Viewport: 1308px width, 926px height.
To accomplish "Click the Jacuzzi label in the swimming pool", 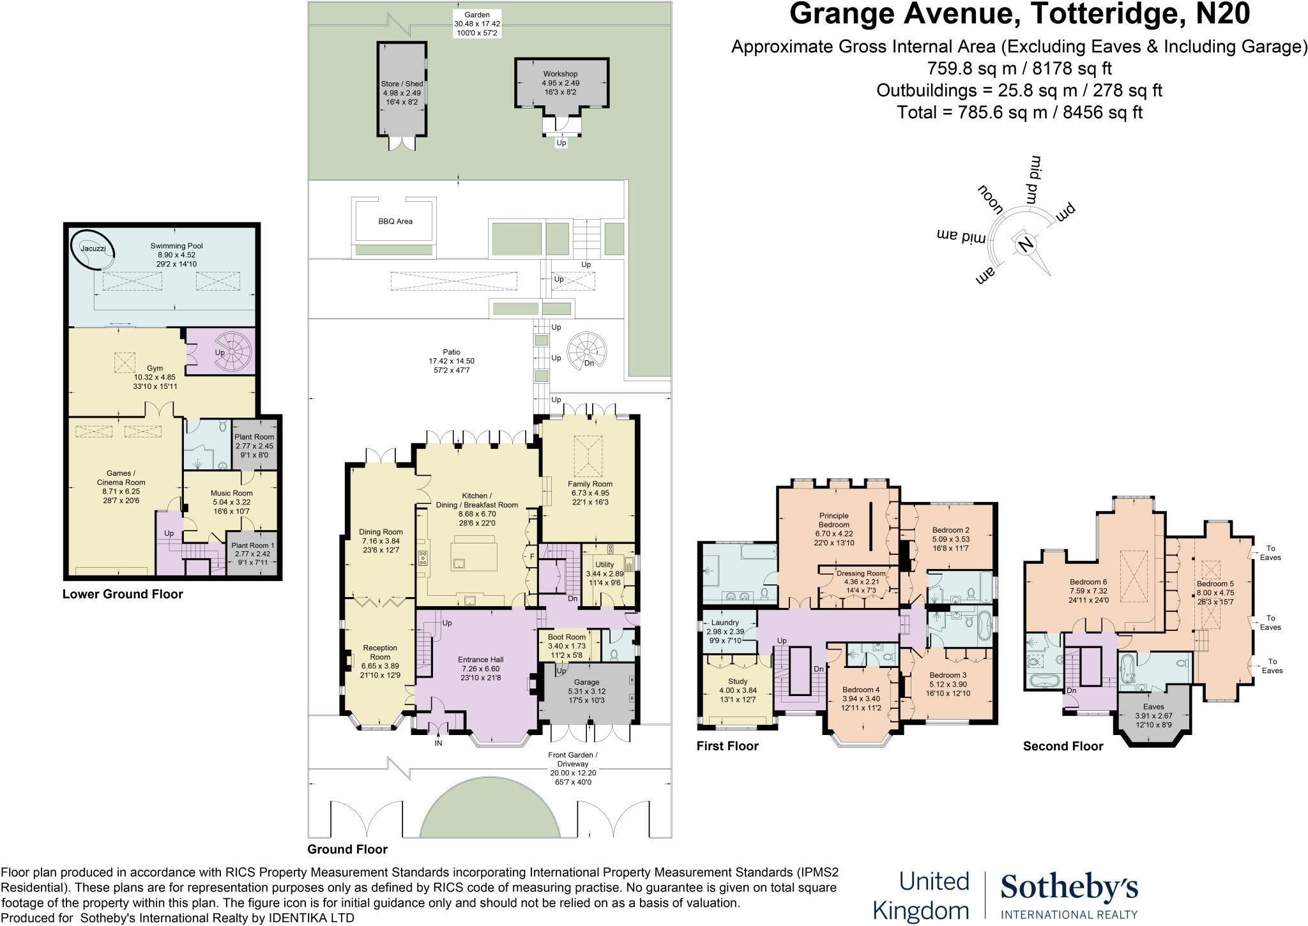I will pos(93,248).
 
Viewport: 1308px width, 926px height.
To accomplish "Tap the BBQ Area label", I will pos(395,222).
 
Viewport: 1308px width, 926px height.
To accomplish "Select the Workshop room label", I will pos(560,74).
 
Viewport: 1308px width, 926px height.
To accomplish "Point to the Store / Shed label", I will pos(402,84).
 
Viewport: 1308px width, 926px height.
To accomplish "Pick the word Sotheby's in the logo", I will pos(1068,889).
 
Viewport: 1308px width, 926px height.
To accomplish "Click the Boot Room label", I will pos(567,637).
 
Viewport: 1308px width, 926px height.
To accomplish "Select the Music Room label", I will pos(231,493).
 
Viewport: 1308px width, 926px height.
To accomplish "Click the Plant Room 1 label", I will pos(253,545).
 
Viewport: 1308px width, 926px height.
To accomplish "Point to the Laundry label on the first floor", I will pos(724,623).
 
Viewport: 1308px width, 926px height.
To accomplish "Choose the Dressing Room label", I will pos(861,573).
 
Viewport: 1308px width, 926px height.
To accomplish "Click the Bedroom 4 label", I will pos(860,690).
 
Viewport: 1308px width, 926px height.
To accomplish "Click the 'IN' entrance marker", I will pos(439,743).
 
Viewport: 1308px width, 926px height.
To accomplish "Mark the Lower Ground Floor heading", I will pos(123,595).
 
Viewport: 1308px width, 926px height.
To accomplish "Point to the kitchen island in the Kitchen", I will pos(473,554).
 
